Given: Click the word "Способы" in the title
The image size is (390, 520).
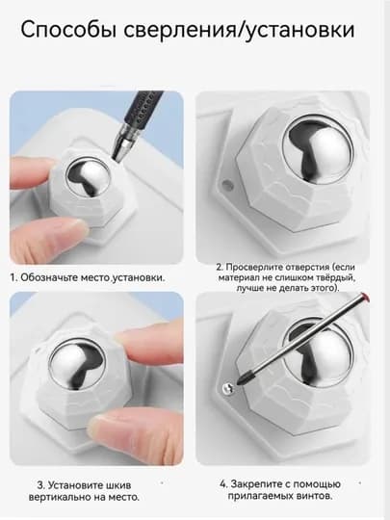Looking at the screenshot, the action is tap(68, 30).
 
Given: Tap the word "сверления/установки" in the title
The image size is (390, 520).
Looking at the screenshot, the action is tap(240, 30).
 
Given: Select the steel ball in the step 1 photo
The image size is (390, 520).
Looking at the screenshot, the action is tap(88, 178).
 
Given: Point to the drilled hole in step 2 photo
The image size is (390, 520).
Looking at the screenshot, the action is tap(227, 183).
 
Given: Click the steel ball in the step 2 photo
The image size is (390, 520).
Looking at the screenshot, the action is tap(318, 150).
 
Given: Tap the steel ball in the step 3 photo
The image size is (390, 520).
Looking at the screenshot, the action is tap(77, 364).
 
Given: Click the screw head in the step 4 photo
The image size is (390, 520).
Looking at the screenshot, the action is tap(228, 387).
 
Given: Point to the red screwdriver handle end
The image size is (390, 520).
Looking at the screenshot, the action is tap(365, 296).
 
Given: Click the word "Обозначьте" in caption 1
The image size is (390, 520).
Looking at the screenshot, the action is tap(49, 277).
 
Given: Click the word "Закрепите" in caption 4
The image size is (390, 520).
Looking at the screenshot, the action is tap(255, 484).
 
